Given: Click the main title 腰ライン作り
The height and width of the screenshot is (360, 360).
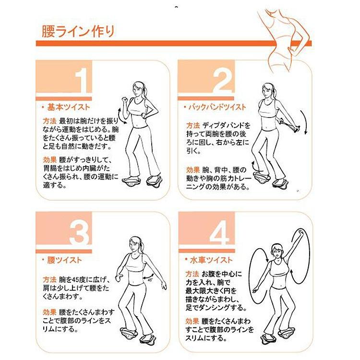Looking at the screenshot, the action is coord(78,31).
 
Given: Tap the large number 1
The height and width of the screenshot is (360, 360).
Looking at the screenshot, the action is coord(81,80).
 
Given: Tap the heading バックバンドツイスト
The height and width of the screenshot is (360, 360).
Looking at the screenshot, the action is coord(217,107).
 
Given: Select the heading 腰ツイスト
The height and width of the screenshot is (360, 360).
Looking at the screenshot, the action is coord(64,260).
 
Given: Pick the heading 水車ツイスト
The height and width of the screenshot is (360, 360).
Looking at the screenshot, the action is coord(211,260).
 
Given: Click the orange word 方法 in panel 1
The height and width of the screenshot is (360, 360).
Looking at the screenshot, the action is coord(49,121).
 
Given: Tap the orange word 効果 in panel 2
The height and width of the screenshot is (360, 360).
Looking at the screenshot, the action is coord(193,170).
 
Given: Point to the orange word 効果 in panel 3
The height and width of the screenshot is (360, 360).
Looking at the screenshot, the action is coord(49,312).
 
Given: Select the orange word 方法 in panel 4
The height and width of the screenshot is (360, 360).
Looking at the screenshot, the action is coord(192,274).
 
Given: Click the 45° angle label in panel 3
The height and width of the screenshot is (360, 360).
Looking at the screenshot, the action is coord(150,280).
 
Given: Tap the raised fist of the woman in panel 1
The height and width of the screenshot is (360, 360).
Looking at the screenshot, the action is coord(125,100).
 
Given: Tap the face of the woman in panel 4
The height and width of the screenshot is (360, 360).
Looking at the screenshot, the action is coord(276,252).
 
